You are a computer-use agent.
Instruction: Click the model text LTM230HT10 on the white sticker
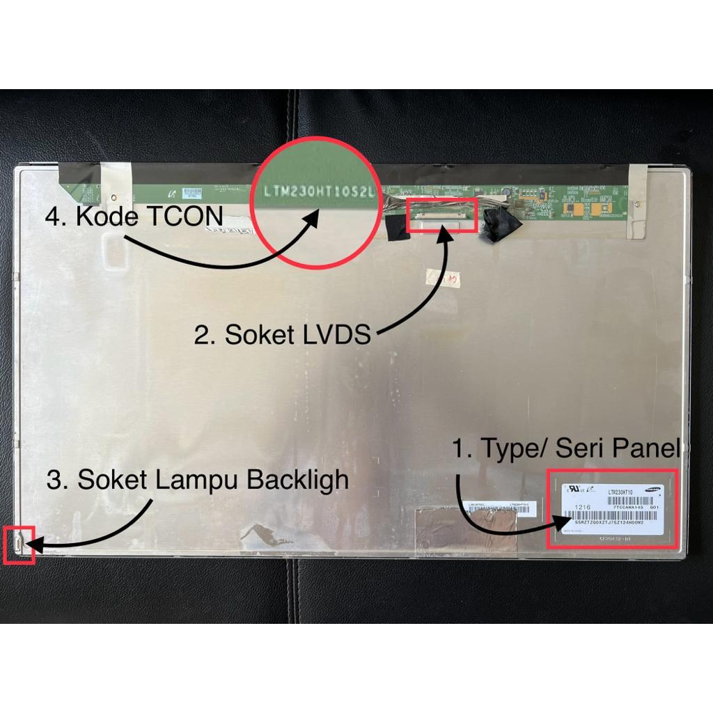pos(620,492)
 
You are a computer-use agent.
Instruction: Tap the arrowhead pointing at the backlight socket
pos(32,545)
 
